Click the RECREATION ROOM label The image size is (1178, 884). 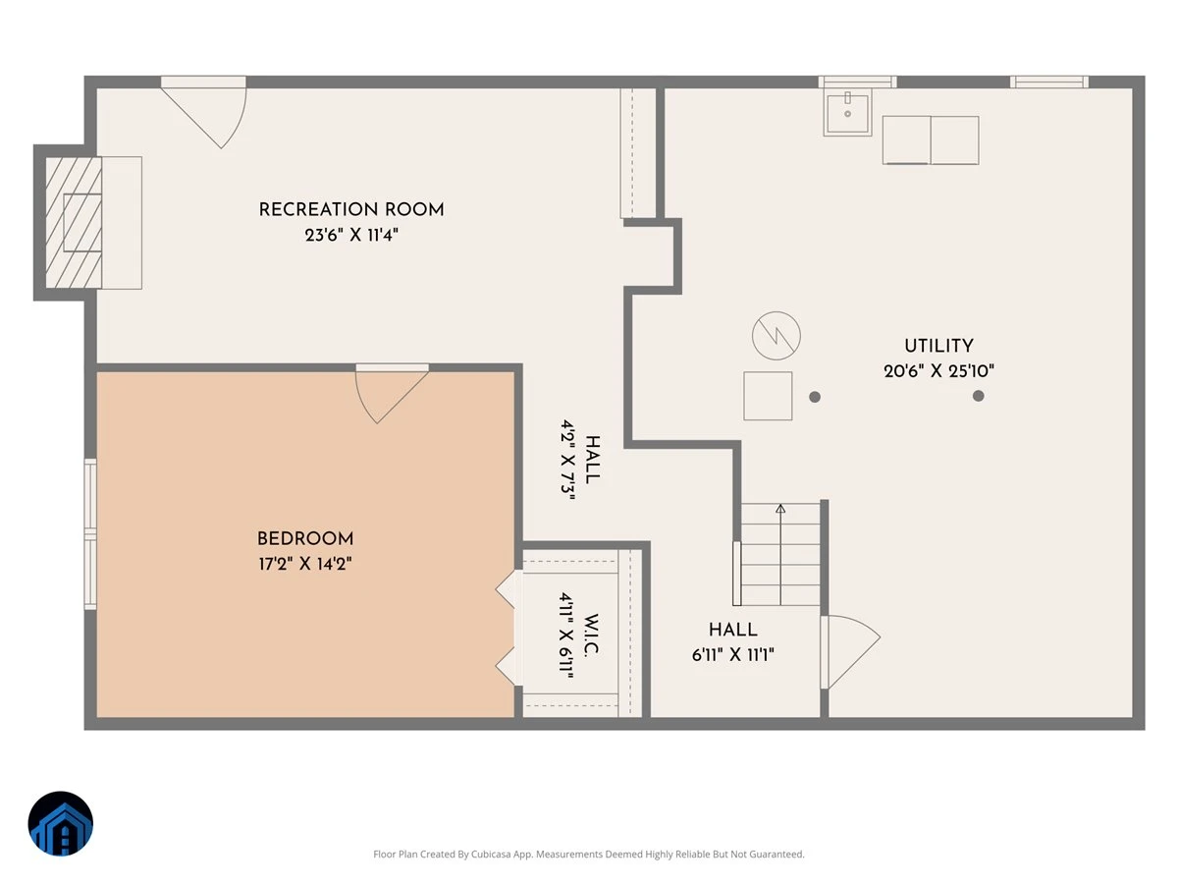coord(351,209)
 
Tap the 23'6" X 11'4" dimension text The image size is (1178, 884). coord(351,235)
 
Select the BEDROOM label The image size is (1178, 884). coord(305,538)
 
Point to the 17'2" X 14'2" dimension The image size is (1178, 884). coord(305,564)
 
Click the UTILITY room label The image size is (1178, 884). coord(938,346)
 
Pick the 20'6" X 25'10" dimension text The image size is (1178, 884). coord(938,371)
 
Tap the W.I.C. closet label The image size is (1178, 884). coord(590,635)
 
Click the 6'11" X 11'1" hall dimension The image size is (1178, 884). coord(732,655)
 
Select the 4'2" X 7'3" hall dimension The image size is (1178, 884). coord(567,460)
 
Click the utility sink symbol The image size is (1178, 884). coord(847,113)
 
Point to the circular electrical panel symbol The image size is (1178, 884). coord(776,336)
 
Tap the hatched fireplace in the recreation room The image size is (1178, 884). coord(74,222)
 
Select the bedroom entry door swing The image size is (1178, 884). coord(392,394)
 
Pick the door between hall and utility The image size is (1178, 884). coord(850,651)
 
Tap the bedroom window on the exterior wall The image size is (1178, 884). coord(90,534)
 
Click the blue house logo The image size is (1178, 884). coord(61,823)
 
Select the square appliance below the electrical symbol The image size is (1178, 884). coord(768,396)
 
